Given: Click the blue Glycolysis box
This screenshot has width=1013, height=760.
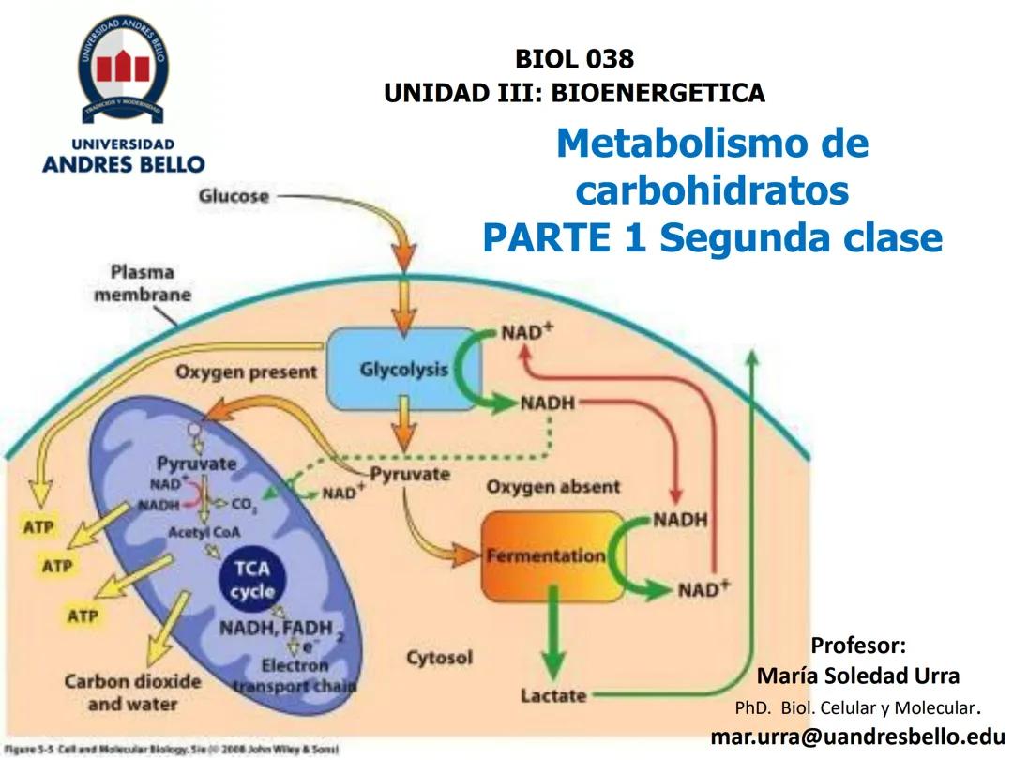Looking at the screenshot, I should (x=402, y=369).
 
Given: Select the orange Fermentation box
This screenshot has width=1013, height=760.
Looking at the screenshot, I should (x=545, y=555).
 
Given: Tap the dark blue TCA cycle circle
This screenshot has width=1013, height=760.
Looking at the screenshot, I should (x=252, y=581).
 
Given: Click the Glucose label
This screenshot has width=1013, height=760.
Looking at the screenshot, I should (x=234, y=196).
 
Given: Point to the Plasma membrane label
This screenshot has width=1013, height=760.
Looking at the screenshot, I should (x=150, y=283).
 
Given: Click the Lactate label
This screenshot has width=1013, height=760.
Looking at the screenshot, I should (x=553, y=695).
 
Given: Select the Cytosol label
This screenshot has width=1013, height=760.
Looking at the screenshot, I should (x=439, y=658).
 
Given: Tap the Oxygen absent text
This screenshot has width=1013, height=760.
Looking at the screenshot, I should (x=552, y=487).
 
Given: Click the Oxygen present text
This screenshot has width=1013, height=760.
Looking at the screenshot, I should (x=246, y=372).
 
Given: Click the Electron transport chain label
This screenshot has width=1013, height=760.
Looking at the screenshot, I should (x=295, y=675).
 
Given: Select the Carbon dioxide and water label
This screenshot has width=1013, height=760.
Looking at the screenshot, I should (x=132, y=692).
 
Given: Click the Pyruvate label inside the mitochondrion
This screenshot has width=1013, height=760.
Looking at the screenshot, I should (x=196, y=464).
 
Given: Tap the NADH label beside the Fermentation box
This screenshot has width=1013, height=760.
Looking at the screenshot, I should (x=680, y=519).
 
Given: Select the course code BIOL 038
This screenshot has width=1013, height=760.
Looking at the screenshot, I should (x=574, y=59).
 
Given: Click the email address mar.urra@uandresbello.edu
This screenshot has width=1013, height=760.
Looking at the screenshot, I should (x=857, y=736).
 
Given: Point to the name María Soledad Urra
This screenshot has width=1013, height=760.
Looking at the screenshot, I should (x=857, y=676).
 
